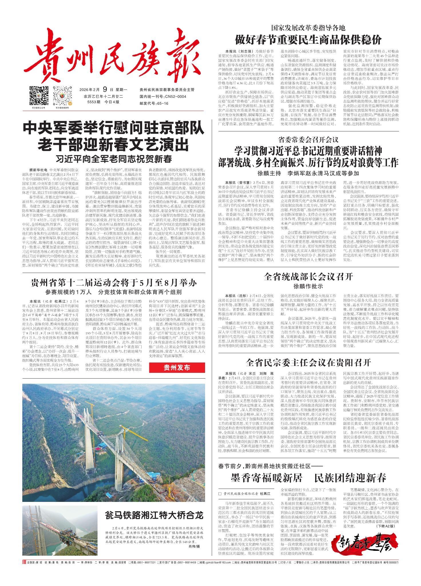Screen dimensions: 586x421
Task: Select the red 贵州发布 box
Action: pos(177,368)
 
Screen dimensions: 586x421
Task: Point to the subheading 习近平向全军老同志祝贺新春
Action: pos(114,158)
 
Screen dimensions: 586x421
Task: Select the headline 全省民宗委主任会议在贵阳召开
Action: pos(308,363)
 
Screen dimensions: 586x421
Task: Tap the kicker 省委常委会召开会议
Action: pos(308,140)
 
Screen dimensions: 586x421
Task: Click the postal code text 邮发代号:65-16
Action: pos(154,103)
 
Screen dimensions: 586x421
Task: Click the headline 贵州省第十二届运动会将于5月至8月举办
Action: pos(114,284)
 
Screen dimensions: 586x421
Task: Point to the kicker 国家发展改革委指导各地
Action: pos(308,28)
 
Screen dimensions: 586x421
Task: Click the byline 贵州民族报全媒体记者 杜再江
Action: pos(245,494)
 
